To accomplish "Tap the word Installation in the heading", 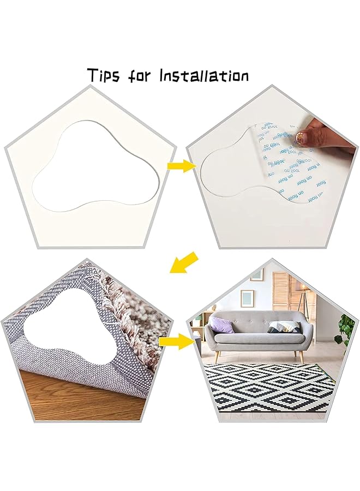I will click(x=203, y=75).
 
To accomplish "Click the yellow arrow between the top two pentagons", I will click(x=181, y=165).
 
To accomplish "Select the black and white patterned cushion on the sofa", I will click(x=284, y=327).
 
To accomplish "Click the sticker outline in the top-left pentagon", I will click(x=98, y=166).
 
